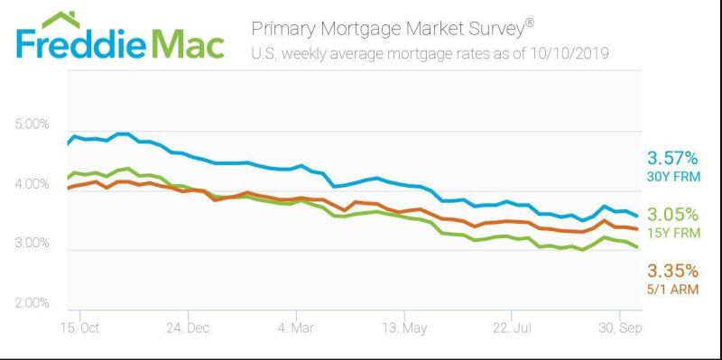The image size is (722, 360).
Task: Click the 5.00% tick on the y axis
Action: pyautogui.click(x=32, y=125)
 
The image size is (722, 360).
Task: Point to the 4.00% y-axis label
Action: pyautogui.click(x=32, y=185)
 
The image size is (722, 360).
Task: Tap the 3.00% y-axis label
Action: pyautogui.click(x=32, y=243)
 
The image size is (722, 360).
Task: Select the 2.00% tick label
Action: pyautogui.click(x=32, y=303)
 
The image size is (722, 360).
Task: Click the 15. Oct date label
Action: pyautogui.click(x=79, y=328)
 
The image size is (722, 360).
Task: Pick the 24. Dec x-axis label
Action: pyautogui.click(x=188, y=328)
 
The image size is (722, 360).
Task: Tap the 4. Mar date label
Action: pyautogui.click(x=297, y=328)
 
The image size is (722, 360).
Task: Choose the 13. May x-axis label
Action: pyautogui.click(x=404, y=328)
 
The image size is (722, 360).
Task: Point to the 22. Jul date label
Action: pyautogui.click(x=512, y=328)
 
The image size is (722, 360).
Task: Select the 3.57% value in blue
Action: pyautogui.click(x=672, y=159)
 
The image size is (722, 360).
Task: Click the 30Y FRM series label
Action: pyautogui.click(x=673, y=176)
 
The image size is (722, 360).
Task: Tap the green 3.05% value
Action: pyautogui.click(x=672, y=215)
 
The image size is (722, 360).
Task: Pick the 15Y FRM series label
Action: pyautogui.click(x=673, y=233)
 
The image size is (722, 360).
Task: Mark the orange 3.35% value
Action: pyautogui.click(x=672, y=271)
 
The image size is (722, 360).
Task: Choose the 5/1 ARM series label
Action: pyautogui.click(x=672, y=290)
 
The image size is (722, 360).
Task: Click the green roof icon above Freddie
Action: pyautogui.click(x=60, y=19)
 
